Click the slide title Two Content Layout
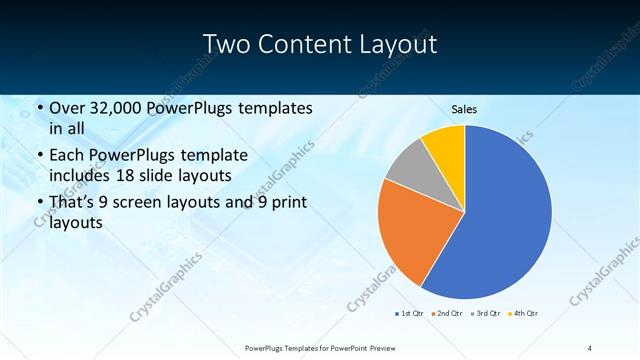pos(319,44)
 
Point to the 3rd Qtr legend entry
pos(485,315)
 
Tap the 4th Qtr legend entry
pos(524,315)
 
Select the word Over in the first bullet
pos(67,108)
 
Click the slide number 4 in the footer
pos(589,347)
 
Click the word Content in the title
pos(302,44)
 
